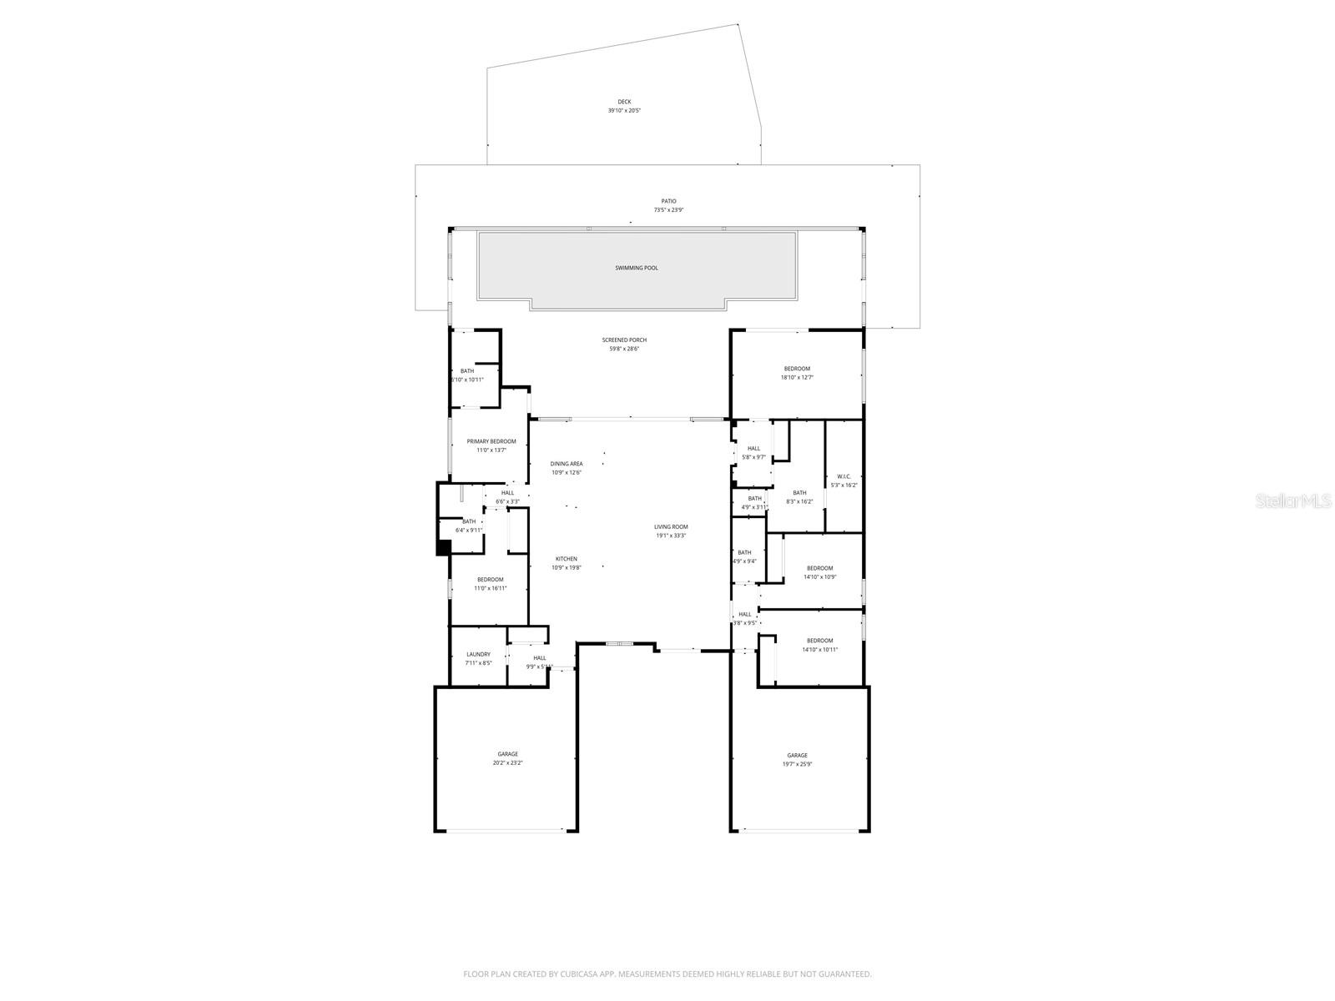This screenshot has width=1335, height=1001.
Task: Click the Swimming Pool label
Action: [637, 268]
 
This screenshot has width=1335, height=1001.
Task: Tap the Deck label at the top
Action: [624, 102]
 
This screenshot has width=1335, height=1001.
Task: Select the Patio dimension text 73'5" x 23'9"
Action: [668, 210]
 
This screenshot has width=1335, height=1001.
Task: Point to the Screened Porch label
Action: [624, 340]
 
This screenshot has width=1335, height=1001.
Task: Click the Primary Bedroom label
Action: [491, 441]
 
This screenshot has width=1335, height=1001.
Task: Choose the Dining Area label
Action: [566, 464]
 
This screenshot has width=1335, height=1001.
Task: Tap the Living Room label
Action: [671, 527]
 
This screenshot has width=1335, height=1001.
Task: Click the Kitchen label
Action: [566, 559]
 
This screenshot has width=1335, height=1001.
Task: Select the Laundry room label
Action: [478, 655]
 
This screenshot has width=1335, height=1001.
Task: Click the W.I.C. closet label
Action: [844, 476]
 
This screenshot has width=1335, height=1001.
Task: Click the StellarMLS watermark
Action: [1292, 500]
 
